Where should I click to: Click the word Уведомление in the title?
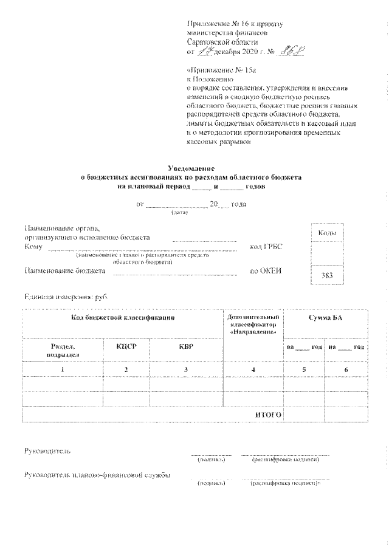coord(191,167)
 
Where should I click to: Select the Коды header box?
coord(327,233)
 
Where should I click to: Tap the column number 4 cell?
coord(253,370)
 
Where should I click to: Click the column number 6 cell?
coord(346,370)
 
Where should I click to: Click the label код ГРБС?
coord(266,247)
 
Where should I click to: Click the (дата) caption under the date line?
coord(181,212)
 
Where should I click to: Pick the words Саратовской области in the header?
coord(222,43)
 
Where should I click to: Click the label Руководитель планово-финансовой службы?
coord(97,475)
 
